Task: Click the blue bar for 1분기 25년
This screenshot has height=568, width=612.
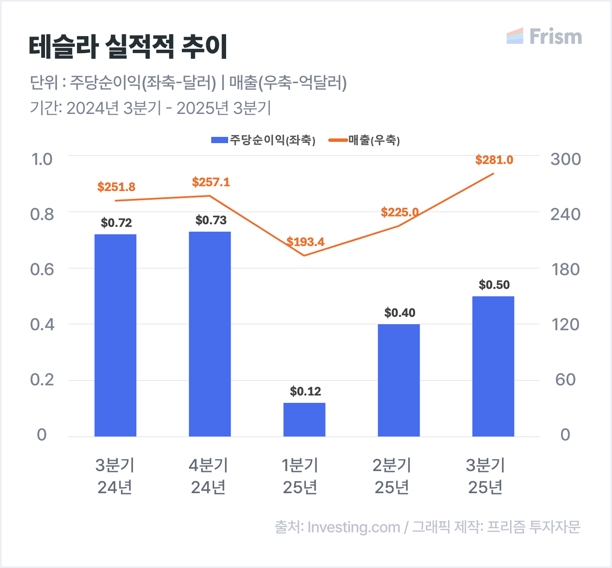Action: tap(304, 419)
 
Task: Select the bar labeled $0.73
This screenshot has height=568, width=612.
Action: tap(210, 334)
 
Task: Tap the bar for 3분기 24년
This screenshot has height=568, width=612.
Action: tap(115, 335)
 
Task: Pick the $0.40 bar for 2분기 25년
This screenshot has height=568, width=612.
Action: tap(399, 380)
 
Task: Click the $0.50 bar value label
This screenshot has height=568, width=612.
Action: tap(494, 285)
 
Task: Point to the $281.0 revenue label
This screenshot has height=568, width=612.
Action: tap(494, 160)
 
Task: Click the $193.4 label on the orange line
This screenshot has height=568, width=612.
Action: tap(305, 242)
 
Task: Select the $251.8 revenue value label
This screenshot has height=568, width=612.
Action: tap(116, 187)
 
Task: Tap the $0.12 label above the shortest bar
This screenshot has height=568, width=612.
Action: tap(305, 392)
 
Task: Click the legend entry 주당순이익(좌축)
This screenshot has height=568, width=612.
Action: tap(263, 140)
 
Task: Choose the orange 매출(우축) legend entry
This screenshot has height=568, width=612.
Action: tap(365, 140)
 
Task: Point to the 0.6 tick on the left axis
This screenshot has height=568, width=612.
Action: tap(42, 269)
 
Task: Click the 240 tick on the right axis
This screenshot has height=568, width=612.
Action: tap(565, 214)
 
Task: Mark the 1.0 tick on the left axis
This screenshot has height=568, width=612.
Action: tap(42, 159)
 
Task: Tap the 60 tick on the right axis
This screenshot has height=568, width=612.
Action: tap(565, 380)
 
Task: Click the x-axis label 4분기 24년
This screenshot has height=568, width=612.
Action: tap(208, 476)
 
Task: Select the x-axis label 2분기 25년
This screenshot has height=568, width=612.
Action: tap(392, 476)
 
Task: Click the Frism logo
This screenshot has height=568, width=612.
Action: tap(544, 37)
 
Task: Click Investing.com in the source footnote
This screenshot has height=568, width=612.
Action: tap(354, 527)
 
